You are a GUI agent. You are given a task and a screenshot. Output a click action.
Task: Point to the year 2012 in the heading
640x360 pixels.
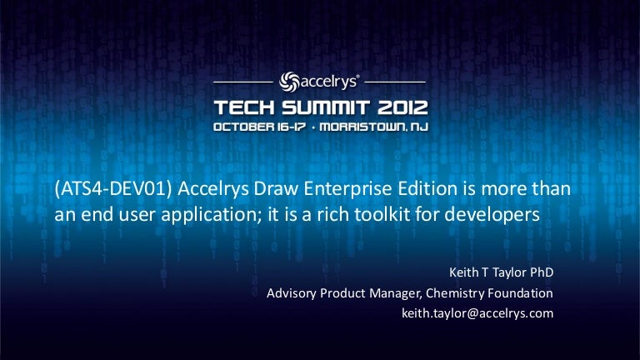(x=401, y=107)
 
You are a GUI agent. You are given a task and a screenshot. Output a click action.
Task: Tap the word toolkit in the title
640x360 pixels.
(x=422, y=214)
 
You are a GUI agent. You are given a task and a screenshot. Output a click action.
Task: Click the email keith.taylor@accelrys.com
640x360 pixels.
(x=477, y=314)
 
